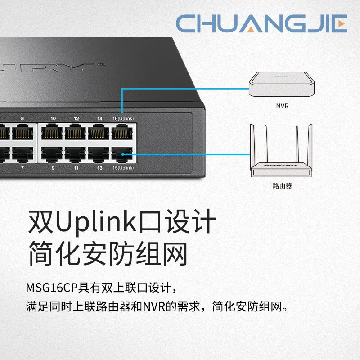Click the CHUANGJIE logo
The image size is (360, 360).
click(x=261, y=23)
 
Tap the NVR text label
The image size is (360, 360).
click(x=282, y=106)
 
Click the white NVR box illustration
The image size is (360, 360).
click(x=282, y=84)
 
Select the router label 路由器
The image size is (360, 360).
click(x=283, y=186)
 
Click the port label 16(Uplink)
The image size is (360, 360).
click(x=123, y=118)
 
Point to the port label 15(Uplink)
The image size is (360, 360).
click(x=123, y=168)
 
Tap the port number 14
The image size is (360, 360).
click(x=99, y=118)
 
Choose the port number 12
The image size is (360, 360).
click(x=76, y=118)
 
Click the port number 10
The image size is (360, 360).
click(x=53, y=118)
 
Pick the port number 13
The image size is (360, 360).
click(x=99, y=168)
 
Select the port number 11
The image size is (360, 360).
click(x=76, y=168)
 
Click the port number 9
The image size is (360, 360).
click(x=53, y=168)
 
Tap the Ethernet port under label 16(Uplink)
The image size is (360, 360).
click(x=122, y=132)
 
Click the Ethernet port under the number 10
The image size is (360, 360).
click(x=52, y=132)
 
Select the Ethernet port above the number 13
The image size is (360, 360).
click(x=99, y=154)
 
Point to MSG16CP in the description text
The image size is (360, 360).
click(x=51, y=288)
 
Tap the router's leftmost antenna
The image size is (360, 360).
click(x=252, y=144)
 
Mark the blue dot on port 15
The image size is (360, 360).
click(x=123, y=154)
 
